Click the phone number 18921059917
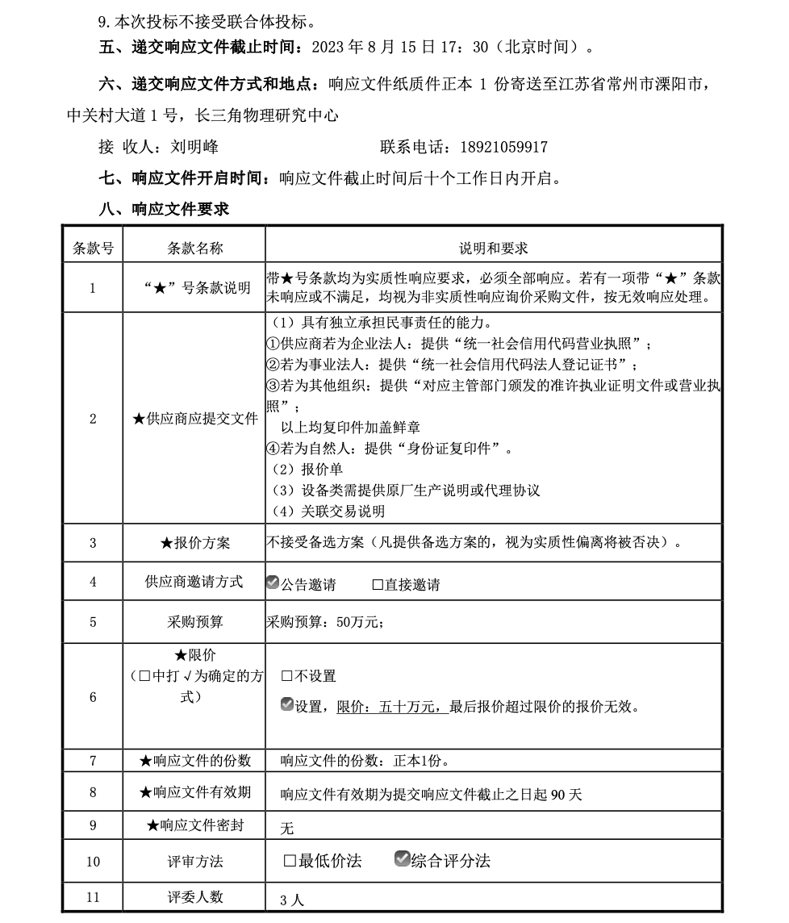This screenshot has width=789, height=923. click(x=503, y=147)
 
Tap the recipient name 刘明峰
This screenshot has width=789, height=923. click(x=194, y=147)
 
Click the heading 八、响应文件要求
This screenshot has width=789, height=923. click(x=164, y=209)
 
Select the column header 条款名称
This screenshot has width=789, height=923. click(x=194, y=248)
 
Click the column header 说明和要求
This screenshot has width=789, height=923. click(x=494, y=248)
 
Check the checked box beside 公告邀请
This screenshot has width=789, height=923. click(x=273, y=583)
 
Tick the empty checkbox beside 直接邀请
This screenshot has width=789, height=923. click(x=378, y=585)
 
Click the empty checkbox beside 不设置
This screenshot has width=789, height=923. click(x=287, y=676)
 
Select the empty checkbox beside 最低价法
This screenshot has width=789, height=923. click(x=290, y=861)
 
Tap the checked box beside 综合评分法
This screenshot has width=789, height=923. click(x=402, y=859)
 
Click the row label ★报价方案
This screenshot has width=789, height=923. click(x=194, y=543)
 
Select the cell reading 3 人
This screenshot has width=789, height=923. click(x=292, y=900)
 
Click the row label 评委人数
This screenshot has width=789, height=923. click(x=194, y=897)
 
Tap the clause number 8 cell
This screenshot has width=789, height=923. click(x=93, y=793)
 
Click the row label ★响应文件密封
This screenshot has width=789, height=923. click(x=194, y=825)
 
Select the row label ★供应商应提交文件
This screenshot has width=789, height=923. click(x=194, y=419)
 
